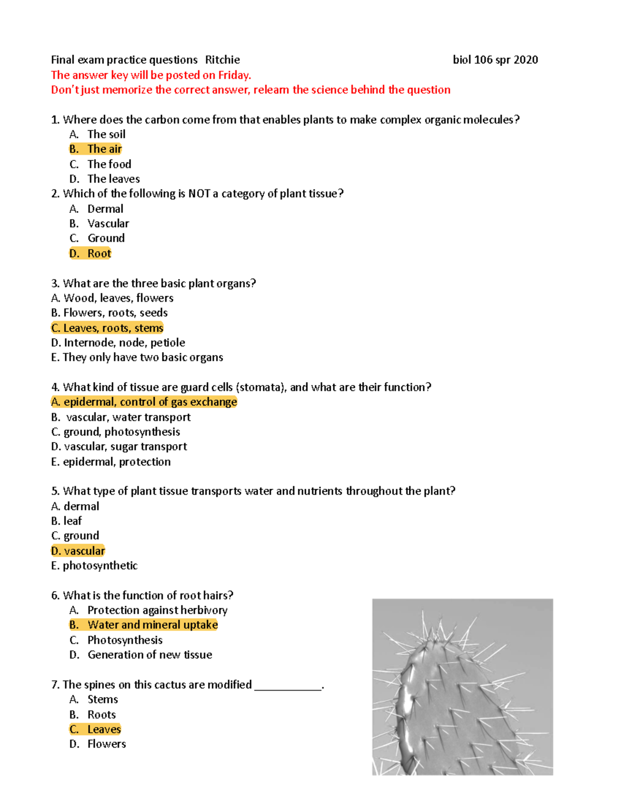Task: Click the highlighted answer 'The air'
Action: [x=104, y=149]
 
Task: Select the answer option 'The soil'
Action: [x=106, y=134]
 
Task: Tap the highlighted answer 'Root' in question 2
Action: [x=99, y=253]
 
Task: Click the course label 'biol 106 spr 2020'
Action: [x=495, y=60]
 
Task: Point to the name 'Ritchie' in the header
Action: [x=223, y=60]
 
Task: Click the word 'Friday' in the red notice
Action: [x=233, y=75]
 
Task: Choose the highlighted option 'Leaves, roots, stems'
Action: [x=113, y=328]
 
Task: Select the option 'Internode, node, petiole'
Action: [x=124, y=342]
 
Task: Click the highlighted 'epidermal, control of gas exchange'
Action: [x=150, y=402]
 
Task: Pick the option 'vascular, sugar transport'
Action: [x=125, y=446]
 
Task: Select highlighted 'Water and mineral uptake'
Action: [x=152, y=625]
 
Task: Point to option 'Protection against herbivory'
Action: [x=157, y=610]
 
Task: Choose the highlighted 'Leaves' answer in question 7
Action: [x=103, y=729]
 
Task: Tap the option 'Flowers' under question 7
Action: [x=107, y=744]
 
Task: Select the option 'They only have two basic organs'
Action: [x=142, y=357]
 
